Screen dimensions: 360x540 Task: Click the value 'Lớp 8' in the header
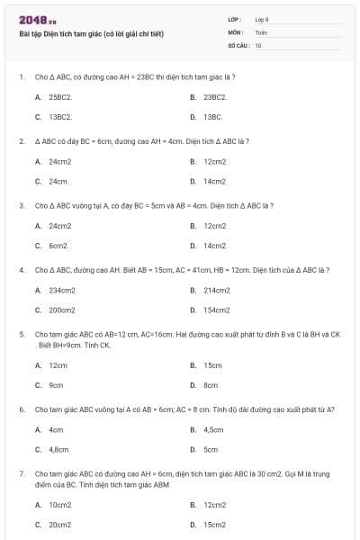click(262, 19)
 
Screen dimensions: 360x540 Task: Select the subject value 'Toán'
click(261, 31)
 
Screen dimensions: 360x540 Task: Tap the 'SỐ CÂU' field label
click(238, 44)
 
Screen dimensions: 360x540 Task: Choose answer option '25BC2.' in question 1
click(60, 96)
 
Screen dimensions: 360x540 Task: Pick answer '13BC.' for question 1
click(212, 117)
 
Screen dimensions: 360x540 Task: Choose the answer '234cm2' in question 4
click(62, 290)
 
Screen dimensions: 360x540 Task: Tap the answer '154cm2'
click(217, 310)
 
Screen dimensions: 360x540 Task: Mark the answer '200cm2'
click(62, 310)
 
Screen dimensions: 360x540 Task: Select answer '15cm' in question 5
click(212, 365)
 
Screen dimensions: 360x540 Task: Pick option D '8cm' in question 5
click(211, 385)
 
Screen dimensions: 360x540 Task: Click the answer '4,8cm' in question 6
click(58, 449)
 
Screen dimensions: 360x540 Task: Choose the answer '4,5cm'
click(213, 429)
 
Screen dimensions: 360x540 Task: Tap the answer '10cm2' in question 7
click(60, 505)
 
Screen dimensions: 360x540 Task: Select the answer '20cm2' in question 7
click(60, 524)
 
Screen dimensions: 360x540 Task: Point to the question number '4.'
click(21, 269)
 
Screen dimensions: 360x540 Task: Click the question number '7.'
click(21, 472)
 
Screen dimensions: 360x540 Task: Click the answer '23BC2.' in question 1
click(215, 96)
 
